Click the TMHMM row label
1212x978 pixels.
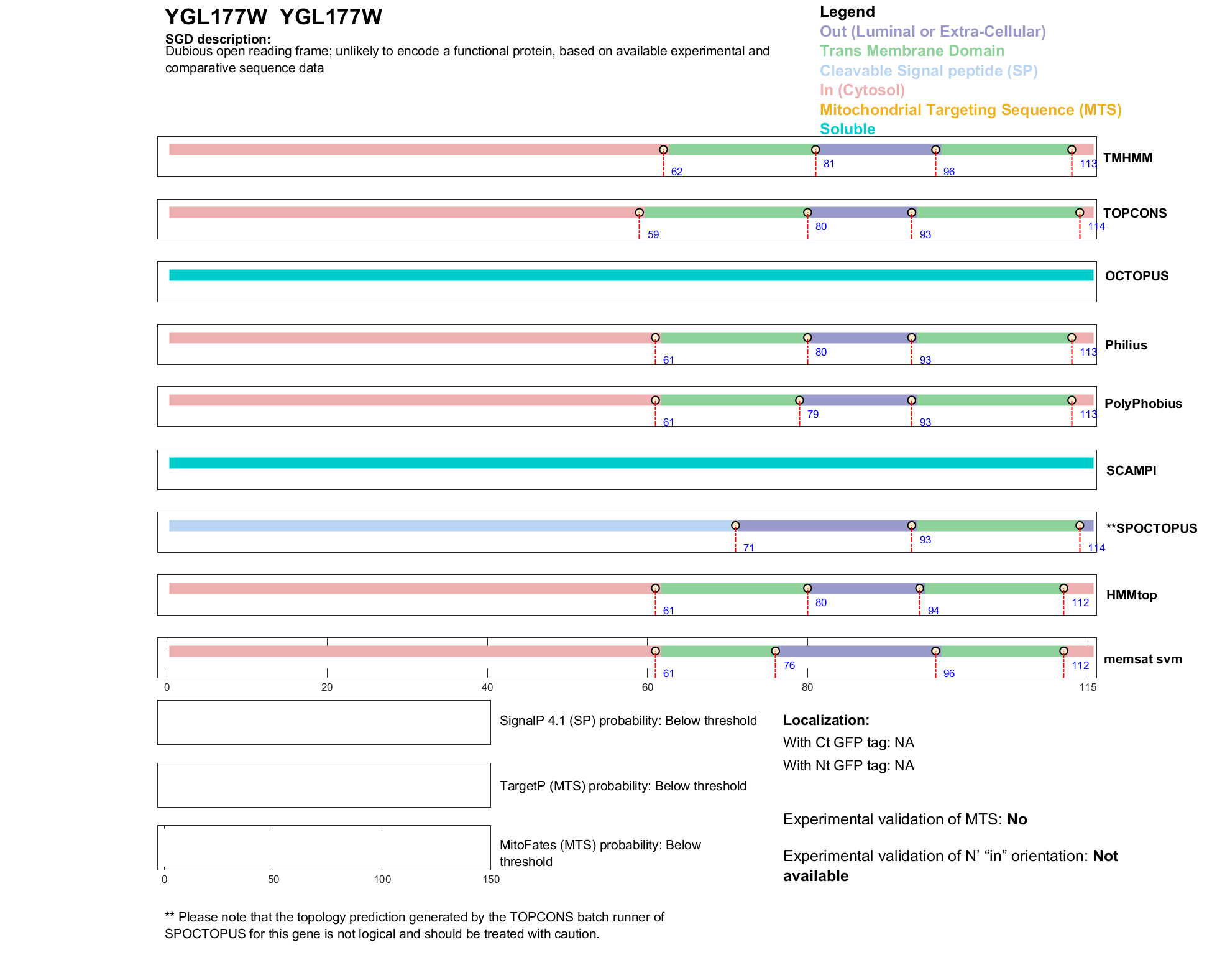point(1127,158)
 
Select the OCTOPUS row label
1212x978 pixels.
point(1136,276)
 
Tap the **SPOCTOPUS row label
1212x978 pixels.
point(1151,528)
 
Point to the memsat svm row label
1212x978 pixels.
point(1142,659)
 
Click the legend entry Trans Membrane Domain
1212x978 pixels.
point(912,51)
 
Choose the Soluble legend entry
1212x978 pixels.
point(847,129)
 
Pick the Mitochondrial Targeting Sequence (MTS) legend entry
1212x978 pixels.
point(970,110)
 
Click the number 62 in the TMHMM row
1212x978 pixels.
point(676,172)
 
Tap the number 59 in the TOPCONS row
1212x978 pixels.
point(653,234)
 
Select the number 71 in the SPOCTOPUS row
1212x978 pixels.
point(748,548)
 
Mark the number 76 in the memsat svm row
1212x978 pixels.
point(789,665)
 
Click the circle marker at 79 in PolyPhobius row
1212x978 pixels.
point(799,400)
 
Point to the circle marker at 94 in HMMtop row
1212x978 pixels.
point(919,588)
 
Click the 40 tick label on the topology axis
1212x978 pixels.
point(487,687)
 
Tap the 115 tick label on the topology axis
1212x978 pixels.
point(1088,687)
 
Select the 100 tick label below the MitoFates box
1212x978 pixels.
point(382,879)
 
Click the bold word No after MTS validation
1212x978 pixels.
point(1017,819)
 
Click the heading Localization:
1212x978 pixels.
point(826,721)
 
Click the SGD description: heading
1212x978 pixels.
point(218,39)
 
